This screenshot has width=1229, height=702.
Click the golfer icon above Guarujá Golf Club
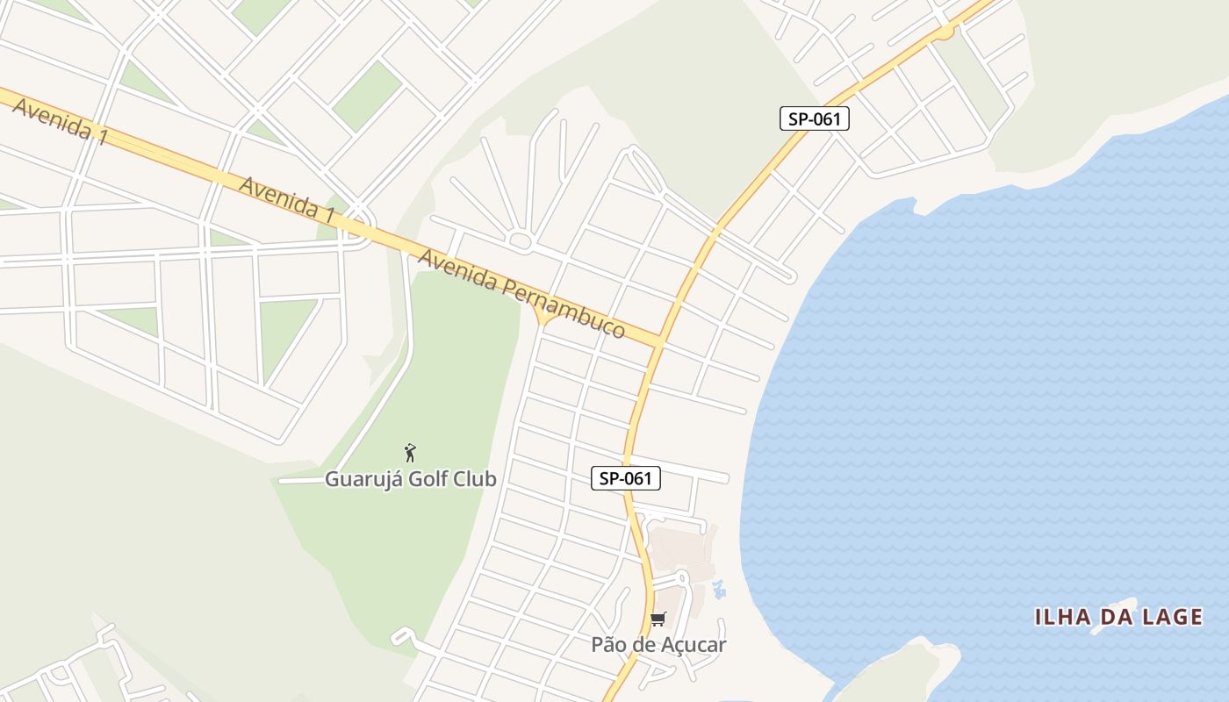pos(410,453)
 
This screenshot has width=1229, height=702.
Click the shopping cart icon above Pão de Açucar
pos(658,620)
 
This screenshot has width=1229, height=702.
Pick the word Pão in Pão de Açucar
pos(607,645)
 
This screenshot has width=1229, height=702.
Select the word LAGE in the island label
pos(1172,618)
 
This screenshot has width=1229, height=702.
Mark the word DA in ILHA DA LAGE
pos(1110,618)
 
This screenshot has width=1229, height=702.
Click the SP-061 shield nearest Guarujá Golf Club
pos(625,478)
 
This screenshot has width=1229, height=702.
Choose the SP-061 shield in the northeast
pos(815,118)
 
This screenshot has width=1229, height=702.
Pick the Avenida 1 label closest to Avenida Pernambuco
pos(287,199)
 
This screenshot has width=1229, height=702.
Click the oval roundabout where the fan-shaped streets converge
pos(520,240)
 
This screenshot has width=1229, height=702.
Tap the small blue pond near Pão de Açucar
pos(720,590)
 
